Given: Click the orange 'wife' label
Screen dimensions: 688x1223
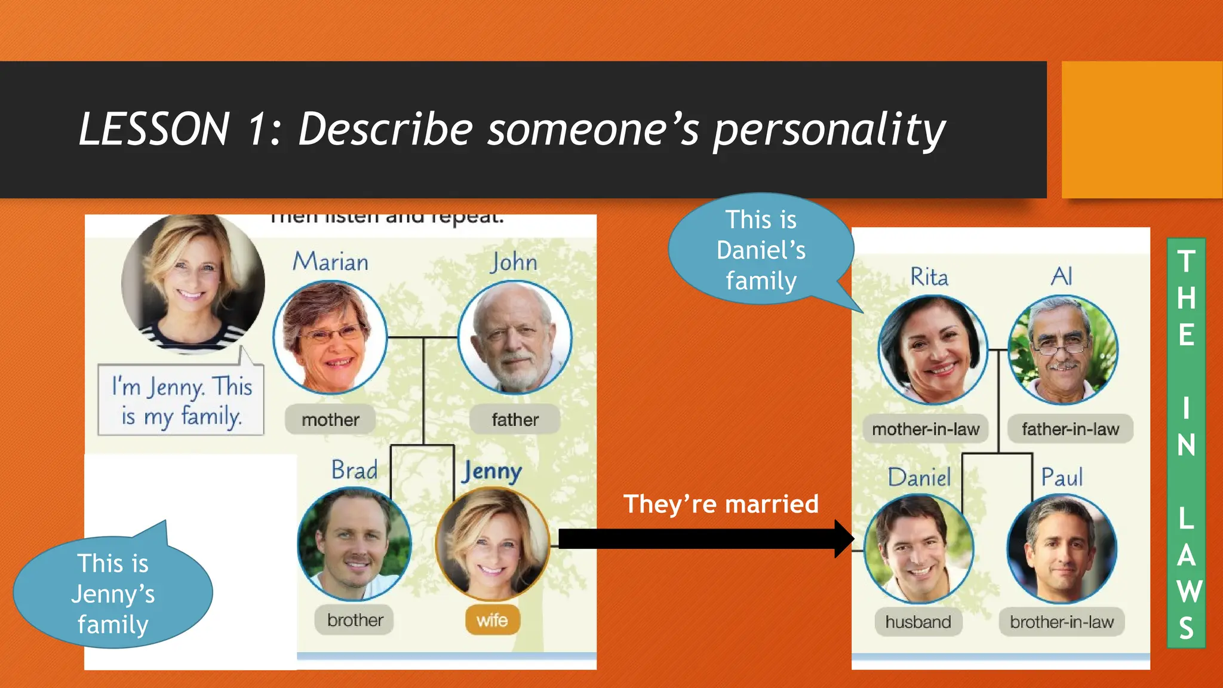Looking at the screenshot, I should tap(493, 621).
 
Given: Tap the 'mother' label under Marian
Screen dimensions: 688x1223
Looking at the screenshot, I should tap(330, 420).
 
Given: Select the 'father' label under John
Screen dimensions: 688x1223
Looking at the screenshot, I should tap(515, 420).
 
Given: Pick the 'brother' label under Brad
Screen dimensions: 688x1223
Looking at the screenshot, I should tap(355, 621).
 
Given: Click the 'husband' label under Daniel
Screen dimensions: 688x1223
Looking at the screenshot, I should tap(918, 622).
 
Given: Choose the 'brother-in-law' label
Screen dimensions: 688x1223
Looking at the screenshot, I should tap(1061, 622).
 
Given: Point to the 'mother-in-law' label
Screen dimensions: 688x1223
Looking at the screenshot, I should tap(926, 429).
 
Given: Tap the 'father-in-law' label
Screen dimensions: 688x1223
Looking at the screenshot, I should tap(1070, 429).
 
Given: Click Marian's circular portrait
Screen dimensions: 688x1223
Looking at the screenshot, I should tap(330, 338).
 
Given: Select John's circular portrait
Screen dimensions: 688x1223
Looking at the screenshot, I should tap(515, 338).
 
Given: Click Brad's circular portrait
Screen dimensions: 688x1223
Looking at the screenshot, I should tap(355, 544).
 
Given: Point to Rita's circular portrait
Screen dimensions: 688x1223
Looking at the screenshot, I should tap(933, 350).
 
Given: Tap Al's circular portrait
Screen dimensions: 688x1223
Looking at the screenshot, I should tap(1063, 350).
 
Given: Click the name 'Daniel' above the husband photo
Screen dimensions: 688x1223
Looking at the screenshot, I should tap(919, 478).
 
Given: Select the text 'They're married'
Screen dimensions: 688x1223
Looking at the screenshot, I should tap(721, 505).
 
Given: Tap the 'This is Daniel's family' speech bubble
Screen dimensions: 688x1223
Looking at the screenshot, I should tap(761, 250).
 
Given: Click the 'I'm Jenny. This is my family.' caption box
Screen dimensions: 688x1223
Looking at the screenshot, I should tap(181, 400).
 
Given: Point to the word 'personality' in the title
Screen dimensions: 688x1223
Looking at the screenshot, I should tap(829, 130).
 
